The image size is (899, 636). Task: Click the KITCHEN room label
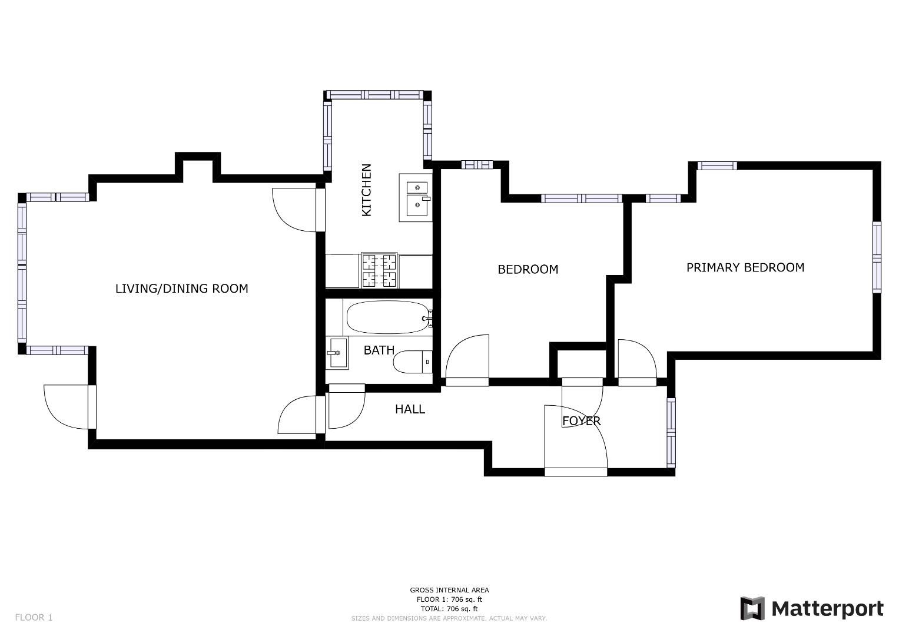click(x=366, y=190)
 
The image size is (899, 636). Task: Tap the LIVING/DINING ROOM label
click(x=181, y=289)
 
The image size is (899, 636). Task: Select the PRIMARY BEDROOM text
click(x=745, y=267)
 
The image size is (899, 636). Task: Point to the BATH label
click(x=379, y=350)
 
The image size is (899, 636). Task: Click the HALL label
click(x=410, y=409)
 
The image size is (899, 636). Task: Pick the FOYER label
click(x=581, y=421)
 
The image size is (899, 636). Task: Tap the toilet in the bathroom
click(x=412, y=362)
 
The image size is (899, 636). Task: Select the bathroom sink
click(x=338, y=353)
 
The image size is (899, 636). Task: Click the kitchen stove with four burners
click(x=379, y=270)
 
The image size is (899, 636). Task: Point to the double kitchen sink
click(x=416, y=197)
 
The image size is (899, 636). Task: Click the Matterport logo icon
click(x=752, y=608)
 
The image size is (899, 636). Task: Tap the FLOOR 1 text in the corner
click(x=34, y=617)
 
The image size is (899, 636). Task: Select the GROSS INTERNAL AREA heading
click(x=449, y=590)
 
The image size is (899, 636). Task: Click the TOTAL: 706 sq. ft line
click(x=449, y=608)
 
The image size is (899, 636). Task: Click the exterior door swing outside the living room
click(x=66, y=406)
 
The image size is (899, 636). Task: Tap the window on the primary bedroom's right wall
click(x=877, y=257)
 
